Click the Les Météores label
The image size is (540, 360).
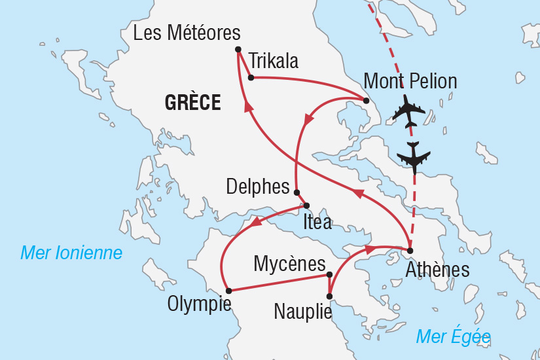click(187, 33)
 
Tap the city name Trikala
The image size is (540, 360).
click(274, 62)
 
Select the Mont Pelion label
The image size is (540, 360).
click(410, 82)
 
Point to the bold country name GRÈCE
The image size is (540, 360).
click(192, 103)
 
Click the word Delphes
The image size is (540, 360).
click(257, 187)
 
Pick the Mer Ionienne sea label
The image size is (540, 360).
click(71, 253)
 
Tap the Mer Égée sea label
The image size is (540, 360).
click(453, 336)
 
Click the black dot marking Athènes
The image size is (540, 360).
click(410, 251)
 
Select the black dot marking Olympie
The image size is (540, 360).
click(228, 291)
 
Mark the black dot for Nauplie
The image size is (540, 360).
click(329, 297)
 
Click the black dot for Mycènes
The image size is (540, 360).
click(330, 275)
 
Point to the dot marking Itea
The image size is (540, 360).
click(306, 206)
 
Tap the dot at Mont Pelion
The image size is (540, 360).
click(366, 100)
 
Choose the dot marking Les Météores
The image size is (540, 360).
click(238, 49)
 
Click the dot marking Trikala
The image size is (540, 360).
click(251, 77)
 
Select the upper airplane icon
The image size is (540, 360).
click(409, 111)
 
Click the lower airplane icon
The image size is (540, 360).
click(414, 156)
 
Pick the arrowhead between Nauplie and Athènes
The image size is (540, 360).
click(369, 249)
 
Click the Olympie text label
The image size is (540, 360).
click(199, 304)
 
